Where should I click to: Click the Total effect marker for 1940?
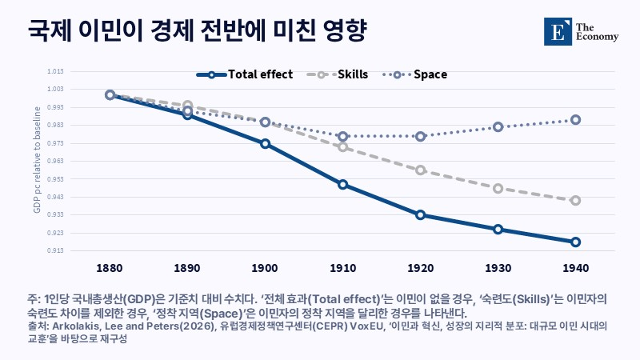pos(575,242)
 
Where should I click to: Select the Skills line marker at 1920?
pos(421,170)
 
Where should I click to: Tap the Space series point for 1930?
pos(498,127)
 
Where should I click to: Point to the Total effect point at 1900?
pos(266,144)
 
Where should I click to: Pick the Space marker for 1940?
pos(575,120)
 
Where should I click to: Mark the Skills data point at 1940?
pos(575,201)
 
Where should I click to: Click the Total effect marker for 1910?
pos(343,185)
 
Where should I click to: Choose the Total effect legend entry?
pos(245,74)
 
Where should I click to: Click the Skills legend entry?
pos(337,74)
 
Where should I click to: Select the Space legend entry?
pos(414,74)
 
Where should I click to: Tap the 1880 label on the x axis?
pos(110,268)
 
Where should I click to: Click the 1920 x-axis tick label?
pos(421,268)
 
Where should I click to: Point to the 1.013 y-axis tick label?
pos(55,71)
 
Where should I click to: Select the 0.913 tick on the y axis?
pos(55,250)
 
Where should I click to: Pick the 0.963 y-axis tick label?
pos(55,161)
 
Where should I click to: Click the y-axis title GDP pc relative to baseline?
pos(37,159)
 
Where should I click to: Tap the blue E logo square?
pos(558,31)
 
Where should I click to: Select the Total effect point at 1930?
pos(498,230)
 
